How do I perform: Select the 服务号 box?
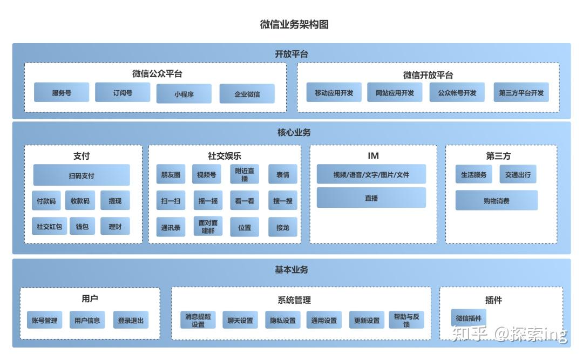pos(62,92)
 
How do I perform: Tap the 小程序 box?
pos(184,94)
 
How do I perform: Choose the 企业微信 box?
pos(247,94)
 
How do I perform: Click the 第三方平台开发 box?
pos(521,92)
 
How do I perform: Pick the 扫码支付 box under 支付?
pos(82,175)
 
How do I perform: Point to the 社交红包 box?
pos(49,227)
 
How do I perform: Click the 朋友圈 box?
pos(171,174)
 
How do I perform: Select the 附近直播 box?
pos(245,174)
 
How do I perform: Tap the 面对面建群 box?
pos(208,227)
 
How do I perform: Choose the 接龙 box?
pos(282,227)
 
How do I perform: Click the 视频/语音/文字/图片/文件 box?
pos(371,174)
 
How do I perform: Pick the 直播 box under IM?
pos(371,198)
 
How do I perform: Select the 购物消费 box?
pos(496,200)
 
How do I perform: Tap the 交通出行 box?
pos(518,174)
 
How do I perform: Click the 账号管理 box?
pos(44,320)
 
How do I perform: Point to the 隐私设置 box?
pos(283,320)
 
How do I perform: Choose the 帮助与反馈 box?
pos(406,320)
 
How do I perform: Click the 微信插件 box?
pos(468,318)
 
